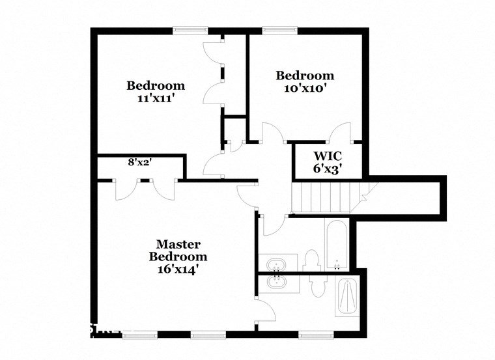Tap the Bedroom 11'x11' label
point(155,92)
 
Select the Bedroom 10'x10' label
point(304,81)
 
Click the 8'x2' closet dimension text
point(139,162)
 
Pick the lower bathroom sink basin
point(278,283)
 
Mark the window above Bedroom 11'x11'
point(190,29)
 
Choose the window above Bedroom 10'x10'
point(279,29)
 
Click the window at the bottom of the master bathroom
point(315,335)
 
